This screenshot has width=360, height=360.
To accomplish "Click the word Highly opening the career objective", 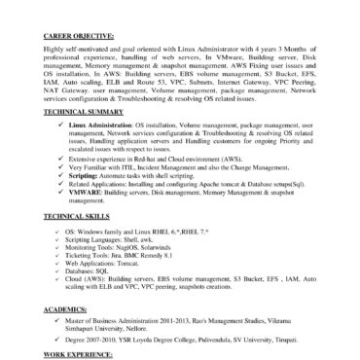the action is [54, 50].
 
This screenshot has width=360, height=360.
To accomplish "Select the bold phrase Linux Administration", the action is [95, 125].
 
